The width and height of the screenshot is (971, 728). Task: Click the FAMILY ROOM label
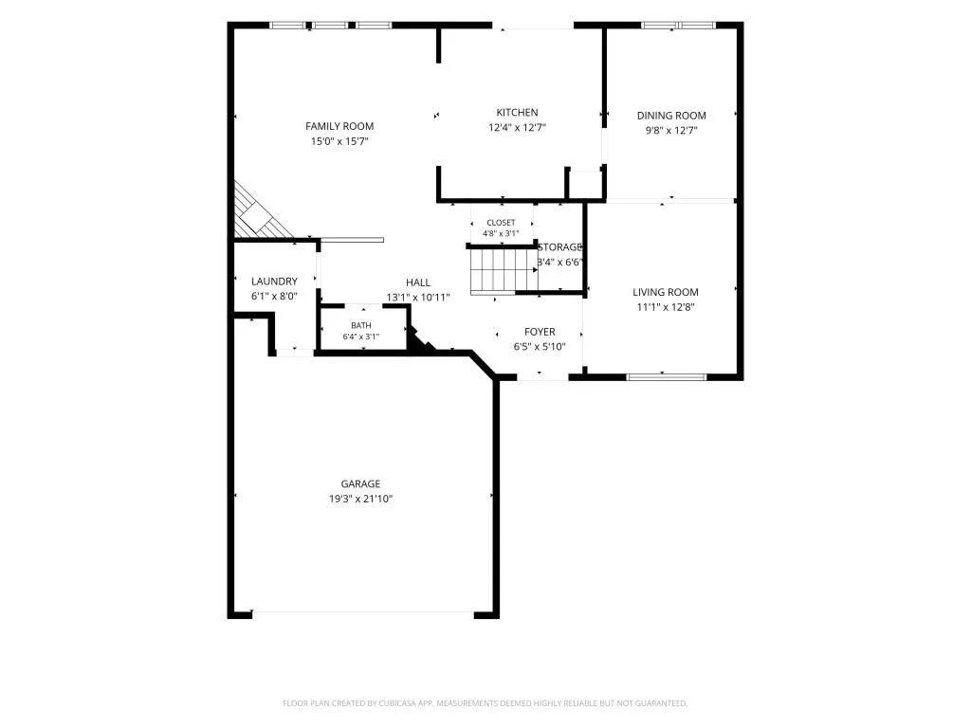tap(339, 126)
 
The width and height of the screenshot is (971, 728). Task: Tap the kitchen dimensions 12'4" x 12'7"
tap(517, 128)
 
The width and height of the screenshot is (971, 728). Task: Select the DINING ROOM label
tap(671, 115)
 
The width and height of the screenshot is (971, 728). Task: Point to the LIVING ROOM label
tap(665, 292)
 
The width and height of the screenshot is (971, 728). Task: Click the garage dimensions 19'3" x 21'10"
tap(360, 499)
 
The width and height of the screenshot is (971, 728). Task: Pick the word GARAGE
tap(360, 484)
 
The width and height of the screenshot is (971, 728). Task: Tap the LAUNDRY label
tap(274, 281)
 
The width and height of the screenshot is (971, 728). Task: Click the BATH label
tap(361, 326)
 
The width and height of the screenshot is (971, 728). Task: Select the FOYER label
tap(540, 332)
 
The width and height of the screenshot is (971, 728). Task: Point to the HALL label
tap(418, 282)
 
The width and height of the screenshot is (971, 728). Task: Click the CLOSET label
tap(501, 223)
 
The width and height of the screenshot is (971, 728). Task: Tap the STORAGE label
tap(559, 247)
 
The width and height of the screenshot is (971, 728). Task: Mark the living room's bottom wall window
tap(667, 376)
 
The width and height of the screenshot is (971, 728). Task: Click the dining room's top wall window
tap(678, 26)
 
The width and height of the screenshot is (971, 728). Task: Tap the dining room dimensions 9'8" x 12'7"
tap(671, 131)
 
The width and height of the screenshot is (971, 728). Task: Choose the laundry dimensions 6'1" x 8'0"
tap(274, 297)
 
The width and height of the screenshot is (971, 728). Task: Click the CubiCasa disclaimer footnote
tap(485, 703)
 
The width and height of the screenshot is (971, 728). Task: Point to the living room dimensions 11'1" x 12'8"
tap(666, 307)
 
